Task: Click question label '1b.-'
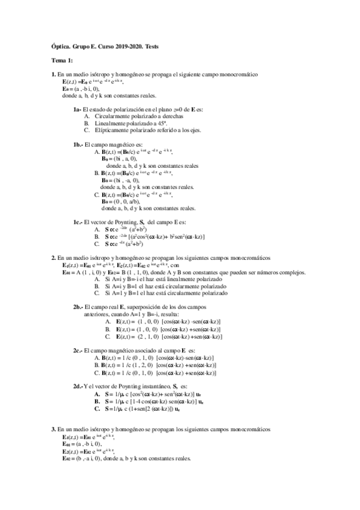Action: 78,144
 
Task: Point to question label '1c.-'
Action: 78,222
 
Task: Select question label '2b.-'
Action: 78,306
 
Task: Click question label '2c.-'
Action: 78,349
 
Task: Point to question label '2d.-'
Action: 78,384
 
